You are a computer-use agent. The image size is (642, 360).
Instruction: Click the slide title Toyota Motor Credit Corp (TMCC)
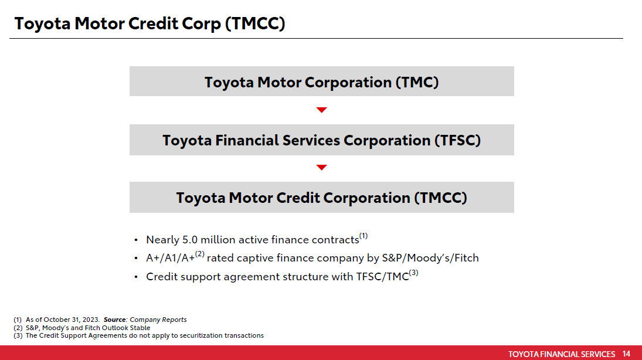coord(150,24)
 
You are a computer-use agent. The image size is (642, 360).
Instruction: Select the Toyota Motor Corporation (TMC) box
coord(321,82)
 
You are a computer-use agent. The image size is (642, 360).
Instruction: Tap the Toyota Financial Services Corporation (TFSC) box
coord(321,141)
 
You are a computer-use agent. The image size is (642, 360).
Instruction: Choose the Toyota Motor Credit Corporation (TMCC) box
coord(321,198)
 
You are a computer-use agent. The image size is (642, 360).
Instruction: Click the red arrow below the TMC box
coord(321,110)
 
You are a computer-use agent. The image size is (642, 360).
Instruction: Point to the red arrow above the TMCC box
coord(321,168)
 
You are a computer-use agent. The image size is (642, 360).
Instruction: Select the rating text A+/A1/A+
coord(170,258)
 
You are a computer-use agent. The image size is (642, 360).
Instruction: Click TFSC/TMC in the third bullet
coord(382,277)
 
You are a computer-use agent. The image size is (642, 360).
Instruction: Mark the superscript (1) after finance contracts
coord(364,236)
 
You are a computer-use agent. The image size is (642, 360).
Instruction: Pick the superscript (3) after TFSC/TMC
coord(413,273)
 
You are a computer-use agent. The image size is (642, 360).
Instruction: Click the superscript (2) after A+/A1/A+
coord(199,254)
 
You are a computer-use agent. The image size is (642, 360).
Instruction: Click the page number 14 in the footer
coord(626,354)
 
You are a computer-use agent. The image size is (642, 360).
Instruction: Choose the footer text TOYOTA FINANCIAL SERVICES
coord(561,354)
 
